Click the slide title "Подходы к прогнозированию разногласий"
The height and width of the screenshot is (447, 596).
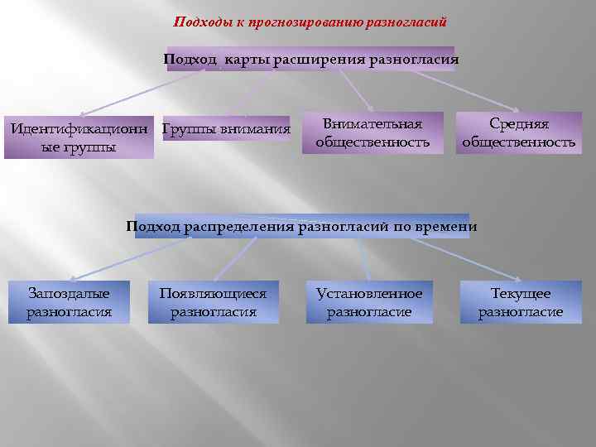click(310, 22)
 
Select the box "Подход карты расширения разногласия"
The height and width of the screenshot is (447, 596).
click(310, 60)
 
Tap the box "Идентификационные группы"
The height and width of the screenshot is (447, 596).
click(79, 137)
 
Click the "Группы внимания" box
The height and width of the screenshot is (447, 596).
click(227, 129)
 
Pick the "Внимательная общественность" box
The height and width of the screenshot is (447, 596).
click(372, 133)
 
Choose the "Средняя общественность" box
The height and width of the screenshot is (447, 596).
click(518, 133)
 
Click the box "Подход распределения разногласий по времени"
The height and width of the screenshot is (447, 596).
click(302, 226)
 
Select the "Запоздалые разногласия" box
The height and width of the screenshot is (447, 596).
click(69, 303)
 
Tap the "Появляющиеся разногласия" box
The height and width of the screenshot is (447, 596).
click(213, 303)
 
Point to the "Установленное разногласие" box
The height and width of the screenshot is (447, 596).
click(369, 303)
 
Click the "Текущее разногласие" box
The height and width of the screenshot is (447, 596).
click(521, 303)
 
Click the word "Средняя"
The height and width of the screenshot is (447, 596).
click(518, 124)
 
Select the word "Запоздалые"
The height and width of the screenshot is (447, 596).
click(69, 294)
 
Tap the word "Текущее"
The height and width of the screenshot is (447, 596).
click(521, 294)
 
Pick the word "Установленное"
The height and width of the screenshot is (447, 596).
click(369, 294)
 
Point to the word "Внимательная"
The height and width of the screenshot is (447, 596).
click(372, 124)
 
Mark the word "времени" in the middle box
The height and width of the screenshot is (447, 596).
click(446, 226)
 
